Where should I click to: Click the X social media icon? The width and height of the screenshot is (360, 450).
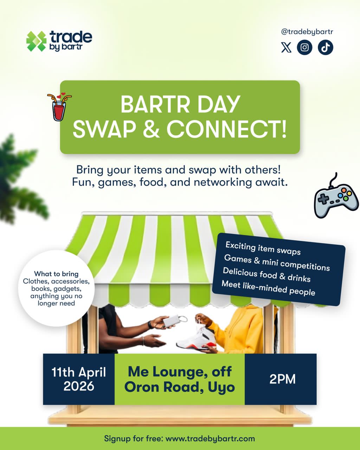point(286,47)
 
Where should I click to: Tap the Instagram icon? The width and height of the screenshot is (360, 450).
point(304,47)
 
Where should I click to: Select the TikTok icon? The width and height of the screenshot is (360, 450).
point(325,47)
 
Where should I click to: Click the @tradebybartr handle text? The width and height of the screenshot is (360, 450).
point(307,32)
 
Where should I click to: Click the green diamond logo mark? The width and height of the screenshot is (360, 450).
point(36,41)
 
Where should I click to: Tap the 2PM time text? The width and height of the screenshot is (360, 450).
point(282,379)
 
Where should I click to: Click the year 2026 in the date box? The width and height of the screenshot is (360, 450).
point(79,386)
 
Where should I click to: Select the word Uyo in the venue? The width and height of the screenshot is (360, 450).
point(221,387)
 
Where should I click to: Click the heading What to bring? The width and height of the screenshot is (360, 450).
point(56,274)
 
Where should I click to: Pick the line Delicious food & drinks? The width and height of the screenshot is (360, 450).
point(266,275)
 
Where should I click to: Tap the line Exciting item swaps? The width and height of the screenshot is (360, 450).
point(263,248)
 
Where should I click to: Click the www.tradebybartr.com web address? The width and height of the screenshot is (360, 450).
point(210,438)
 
